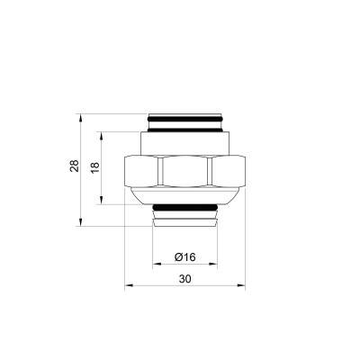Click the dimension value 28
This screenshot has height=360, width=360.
coord(74,166)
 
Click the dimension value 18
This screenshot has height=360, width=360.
coord(94,168)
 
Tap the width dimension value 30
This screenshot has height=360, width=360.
coord(184,280)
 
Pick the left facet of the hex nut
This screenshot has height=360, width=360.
coord(142,173)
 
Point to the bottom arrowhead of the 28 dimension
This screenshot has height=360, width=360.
coord(85,221)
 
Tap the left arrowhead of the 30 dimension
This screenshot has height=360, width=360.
coord(127,287)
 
